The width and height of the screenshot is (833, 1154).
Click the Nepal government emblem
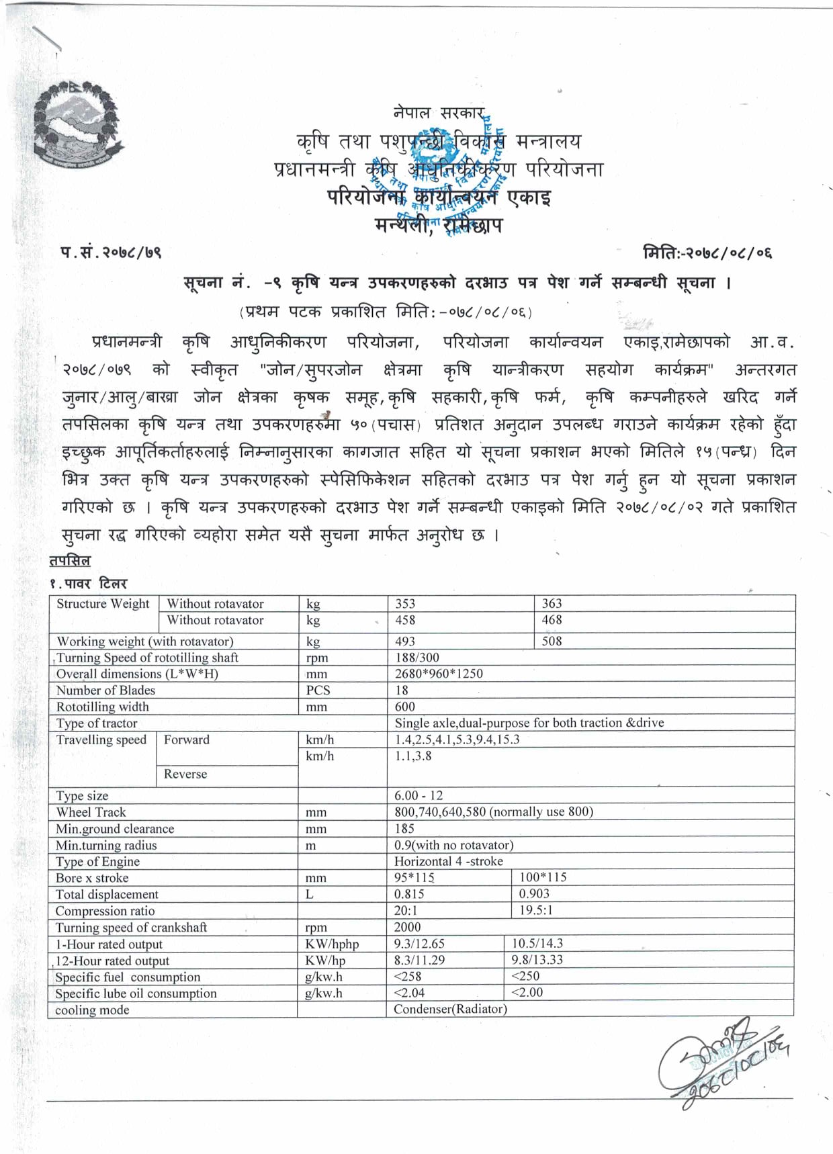(77, 126)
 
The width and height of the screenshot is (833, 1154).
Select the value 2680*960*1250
(439, 674)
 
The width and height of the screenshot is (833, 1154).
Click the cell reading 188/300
(416, 658)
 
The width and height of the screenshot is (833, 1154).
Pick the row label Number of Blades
(105, 691)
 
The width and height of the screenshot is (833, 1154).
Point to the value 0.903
(534, 894)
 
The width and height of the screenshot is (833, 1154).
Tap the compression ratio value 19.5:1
(535, 910)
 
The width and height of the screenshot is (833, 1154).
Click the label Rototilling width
(103, 707)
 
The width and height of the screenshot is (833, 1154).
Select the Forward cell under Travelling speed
(187, 740)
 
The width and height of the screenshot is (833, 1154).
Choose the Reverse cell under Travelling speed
(185, 774)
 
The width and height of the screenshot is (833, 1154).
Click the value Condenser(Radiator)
(450, 1009)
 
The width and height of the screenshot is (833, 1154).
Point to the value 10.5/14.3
(537, 944)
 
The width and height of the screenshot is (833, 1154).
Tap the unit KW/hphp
(332, 944)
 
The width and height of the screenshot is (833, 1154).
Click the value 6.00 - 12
(419, 795)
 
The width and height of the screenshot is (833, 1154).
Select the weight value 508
(552, 641)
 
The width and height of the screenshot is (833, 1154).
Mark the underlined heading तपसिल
(70, 560)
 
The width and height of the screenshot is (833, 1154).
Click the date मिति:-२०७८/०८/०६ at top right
(707, 253)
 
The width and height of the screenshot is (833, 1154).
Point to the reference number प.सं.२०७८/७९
(111, 252)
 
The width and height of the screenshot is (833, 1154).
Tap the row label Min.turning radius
(106, 845)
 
